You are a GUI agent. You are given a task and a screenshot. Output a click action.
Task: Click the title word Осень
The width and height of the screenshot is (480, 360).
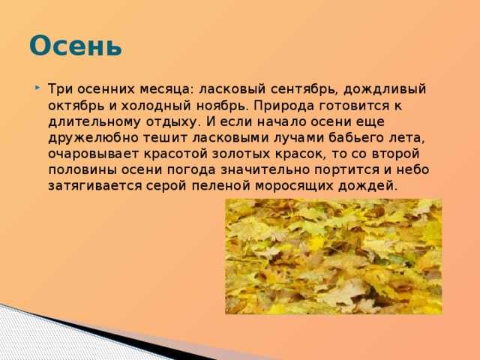[76, 46]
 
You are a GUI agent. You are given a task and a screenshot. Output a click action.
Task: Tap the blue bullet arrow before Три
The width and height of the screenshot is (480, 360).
[37, 88]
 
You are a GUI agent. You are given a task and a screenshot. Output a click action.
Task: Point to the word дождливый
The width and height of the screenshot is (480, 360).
[385, 90]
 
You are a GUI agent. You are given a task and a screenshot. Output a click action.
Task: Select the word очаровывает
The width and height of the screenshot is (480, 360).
[94, 154]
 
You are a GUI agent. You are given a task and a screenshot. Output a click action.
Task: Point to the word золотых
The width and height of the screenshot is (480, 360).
[241, 154]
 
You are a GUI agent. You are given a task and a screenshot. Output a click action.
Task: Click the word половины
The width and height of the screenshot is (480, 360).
[82, 170]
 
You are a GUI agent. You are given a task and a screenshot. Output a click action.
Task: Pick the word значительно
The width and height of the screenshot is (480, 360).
[265, 169]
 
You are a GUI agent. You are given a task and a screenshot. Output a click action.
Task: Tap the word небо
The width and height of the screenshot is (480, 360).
[413, 169]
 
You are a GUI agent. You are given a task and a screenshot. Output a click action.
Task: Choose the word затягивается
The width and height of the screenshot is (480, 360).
[95, 186]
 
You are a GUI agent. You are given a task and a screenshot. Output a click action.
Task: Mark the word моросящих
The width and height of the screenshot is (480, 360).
[294, 186]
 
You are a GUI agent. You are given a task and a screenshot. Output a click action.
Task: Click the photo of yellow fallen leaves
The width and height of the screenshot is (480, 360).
[334, 256]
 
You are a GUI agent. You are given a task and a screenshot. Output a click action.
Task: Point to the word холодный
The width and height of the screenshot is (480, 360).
[155, 106]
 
